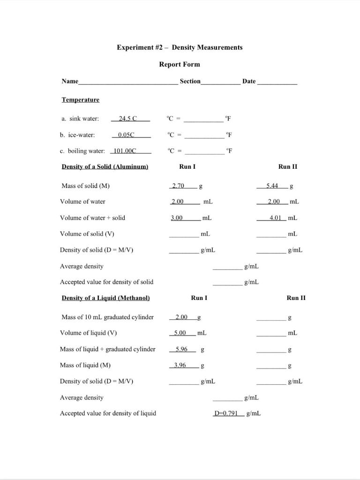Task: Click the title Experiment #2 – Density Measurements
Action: pyautogui.click(x=180, y=47)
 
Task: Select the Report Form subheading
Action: pyautogui.click(x=180, y=64)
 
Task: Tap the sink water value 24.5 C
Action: pyautogui.click(x=127, y=119)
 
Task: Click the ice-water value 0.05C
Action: pyautogui.click(x=126, y=135)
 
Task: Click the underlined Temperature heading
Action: pyautogui.click(x=80, y=100)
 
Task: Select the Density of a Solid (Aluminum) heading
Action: pyautogui.click(x=105, y=167)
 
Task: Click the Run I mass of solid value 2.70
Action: pyautogui.click(x=178, y=186)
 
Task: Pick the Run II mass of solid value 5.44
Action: pyautogui.click(x=272, y=186)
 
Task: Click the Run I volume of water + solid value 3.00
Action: pyautogui.click(x=177, y=217)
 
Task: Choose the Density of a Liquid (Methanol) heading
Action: pyautogui.click(x=105, y=298)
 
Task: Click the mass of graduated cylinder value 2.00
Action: pyautogui.click(x=181, y=317)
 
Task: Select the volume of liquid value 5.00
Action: pyautogui.click(x=180, y=333)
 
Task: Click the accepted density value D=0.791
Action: pyautogui.click(x=226, y=413)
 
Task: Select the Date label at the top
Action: pyautogui.click(x=249, y=82)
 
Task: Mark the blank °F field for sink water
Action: pyautogui.click(x=203, y=120)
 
